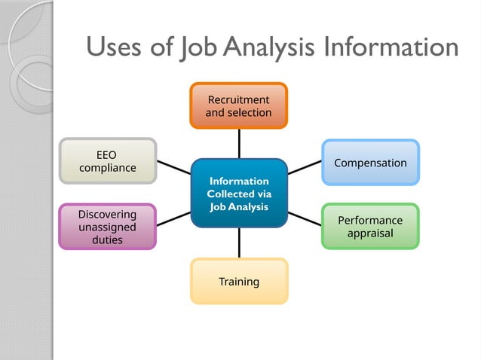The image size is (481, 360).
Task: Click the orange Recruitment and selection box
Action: pos(238,105)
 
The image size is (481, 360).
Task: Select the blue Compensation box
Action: pos(370,163)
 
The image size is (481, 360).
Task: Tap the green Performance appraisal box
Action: pos(370,227)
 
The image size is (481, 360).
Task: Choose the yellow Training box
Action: pos(239,282)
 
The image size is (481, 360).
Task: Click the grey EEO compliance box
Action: pos(107,161)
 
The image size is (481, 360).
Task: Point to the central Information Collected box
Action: pos(238,193)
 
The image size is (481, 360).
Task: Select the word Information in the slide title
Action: pos(391,47)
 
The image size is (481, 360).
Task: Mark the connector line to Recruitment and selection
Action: pos(239,143)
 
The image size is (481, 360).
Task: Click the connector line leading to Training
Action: pos(239,243)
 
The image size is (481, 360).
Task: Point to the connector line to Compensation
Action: pos(305,167)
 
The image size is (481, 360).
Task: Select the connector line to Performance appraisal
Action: pos(305,218)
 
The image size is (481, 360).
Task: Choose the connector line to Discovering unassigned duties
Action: pos(173,219)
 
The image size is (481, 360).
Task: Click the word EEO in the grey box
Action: pos(106,154)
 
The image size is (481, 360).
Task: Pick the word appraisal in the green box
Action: pos(370,233)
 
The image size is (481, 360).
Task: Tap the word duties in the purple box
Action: pos(107,240)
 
